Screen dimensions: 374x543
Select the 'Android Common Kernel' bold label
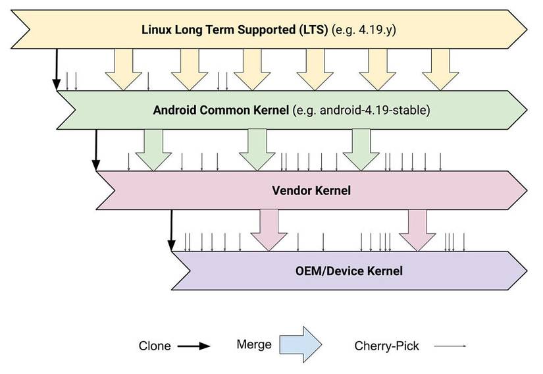[x=220, y=111]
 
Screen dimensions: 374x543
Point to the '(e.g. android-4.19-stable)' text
[x=361, y=111]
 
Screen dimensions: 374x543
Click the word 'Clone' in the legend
[x=155, y=346]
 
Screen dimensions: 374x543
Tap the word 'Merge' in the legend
[x=253, y=344]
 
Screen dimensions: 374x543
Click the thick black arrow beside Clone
[x=195, y=346]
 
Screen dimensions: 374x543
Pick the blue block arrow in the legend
[x=299, y=344]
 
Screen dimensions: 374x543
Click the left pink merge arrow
[x=269, y=229]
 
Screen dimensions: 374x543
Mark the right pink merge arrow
[x=417, y=229]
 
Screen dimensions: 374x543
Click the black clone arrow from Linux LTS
[x=57, y=69]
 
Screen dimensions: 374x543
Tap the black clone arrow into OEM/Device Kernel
[x=171, y=230]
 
